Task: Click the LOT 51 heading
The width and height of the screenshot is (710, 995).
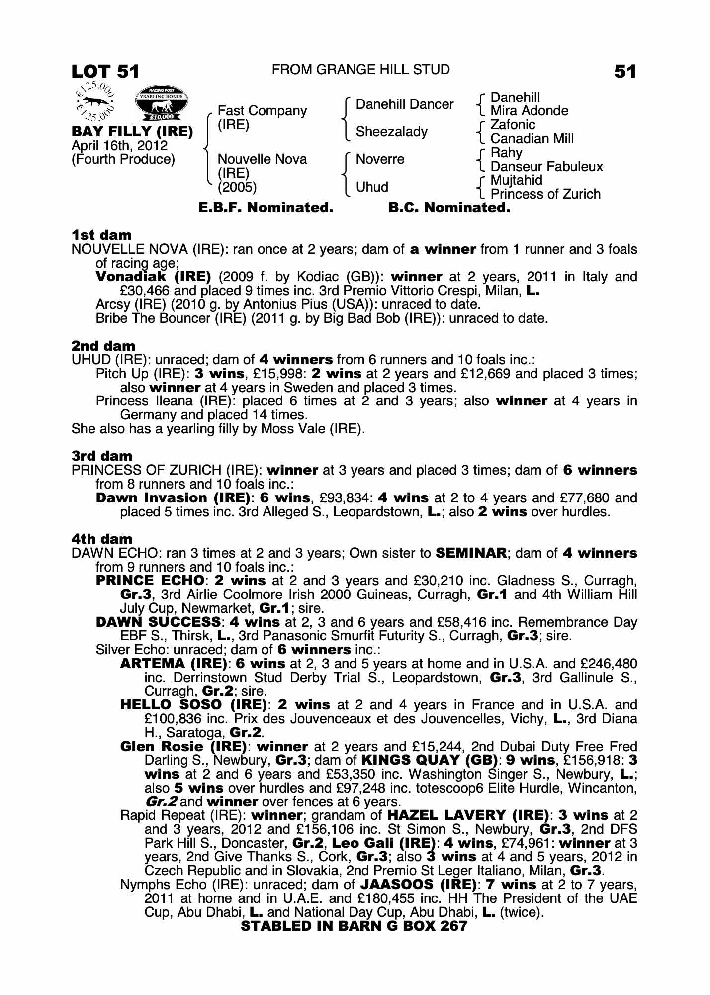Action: point(105,72)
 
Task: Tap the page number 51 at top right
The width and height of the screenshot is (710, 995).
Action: point(625,72)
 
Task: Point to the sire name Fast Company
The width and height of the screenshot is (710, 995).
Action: point(262,111)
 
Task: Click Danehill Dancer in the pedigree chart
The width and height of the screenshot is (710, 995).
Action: point(404,104)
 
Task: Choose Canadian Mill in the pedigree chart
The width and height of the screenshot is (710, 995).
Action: point(532,138)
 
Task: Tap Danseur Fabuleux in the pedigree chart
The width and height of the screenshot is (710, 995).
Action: point(546,166)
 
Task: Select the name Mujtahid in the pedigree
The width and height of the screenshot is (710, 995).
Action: point(516,180)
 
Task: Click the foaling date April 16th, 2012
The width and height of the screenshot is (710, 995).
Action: point(119,146)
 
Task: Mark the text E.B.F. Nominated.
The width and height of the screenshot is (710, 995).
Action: point(266,208)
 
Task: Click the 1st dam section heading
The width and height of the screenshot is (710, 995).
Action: point(101,235)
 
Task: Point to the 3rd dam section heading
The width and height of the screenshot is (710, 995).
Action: point(102,456)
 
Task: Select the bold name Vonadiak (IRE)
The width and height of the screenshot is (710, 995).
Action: point(153,277)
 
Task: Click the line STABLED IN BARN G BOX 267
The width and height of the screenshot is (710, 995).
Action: point(354,926)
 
